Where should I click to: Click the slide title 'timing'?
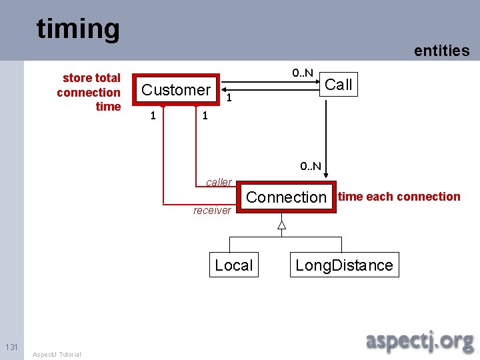coord(78,29)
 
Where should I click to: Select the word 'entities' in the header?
coord(441,51)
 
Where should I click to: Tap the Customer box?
coord(176,89)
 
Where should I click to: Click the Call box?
coord(338,85)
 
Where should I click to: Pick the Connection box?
coord(287,197)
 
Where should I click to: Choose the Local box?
coord(233,265)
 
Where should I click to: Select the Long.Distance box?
coord(344,265)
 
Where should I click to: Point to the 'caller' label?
coord(219,182)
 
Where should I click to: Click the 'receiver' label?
coord(212,211)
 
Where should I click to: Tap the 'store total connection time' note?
coord(90,92)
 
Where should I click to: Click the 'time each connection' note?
coord(399,197)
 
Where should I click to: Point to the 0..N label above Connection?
coord(310,166)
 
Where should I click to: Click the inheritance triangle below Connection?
coord(281,225)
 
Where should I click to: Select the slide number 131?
coord(11,347)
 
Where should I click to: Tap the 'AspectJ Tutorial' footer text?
coord(57,354)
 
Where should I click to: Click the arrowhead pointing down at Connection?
coord(327,176)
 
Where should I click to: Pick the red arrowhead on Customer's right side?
coord(222,87)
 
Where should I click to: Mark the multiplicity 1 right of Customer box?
coord(229,99)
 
